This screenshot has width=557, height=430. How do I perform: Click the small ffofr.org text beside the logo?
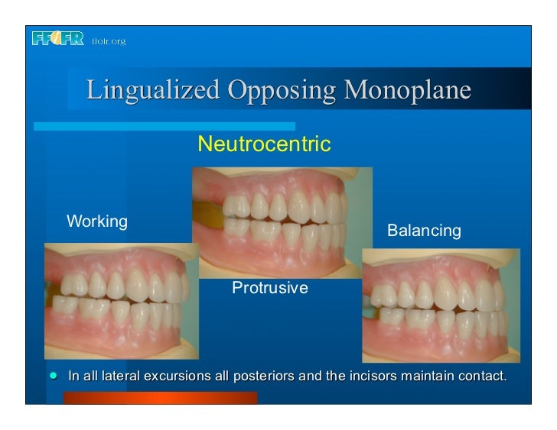click(108, 40)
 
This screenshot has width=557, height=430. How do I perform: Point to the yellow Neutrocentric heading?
click(264, 143)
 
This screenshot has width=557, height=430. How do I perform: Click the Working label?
click(97, 221)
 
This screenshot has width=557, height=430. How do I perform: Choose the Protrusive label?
click(269, 288)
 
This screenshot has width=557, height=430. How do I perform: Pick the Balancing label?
click(424, 230)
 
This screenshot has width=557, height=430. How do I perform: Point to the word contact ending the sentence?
click(484, 377)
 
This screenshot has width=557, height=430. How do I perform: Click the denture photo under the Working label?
click(122, 300)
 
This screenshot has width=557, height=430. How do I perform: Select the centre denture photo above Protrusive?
click(282, 221)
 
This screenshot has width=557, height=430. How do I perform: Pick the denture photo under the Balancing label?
click(441, 302)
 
